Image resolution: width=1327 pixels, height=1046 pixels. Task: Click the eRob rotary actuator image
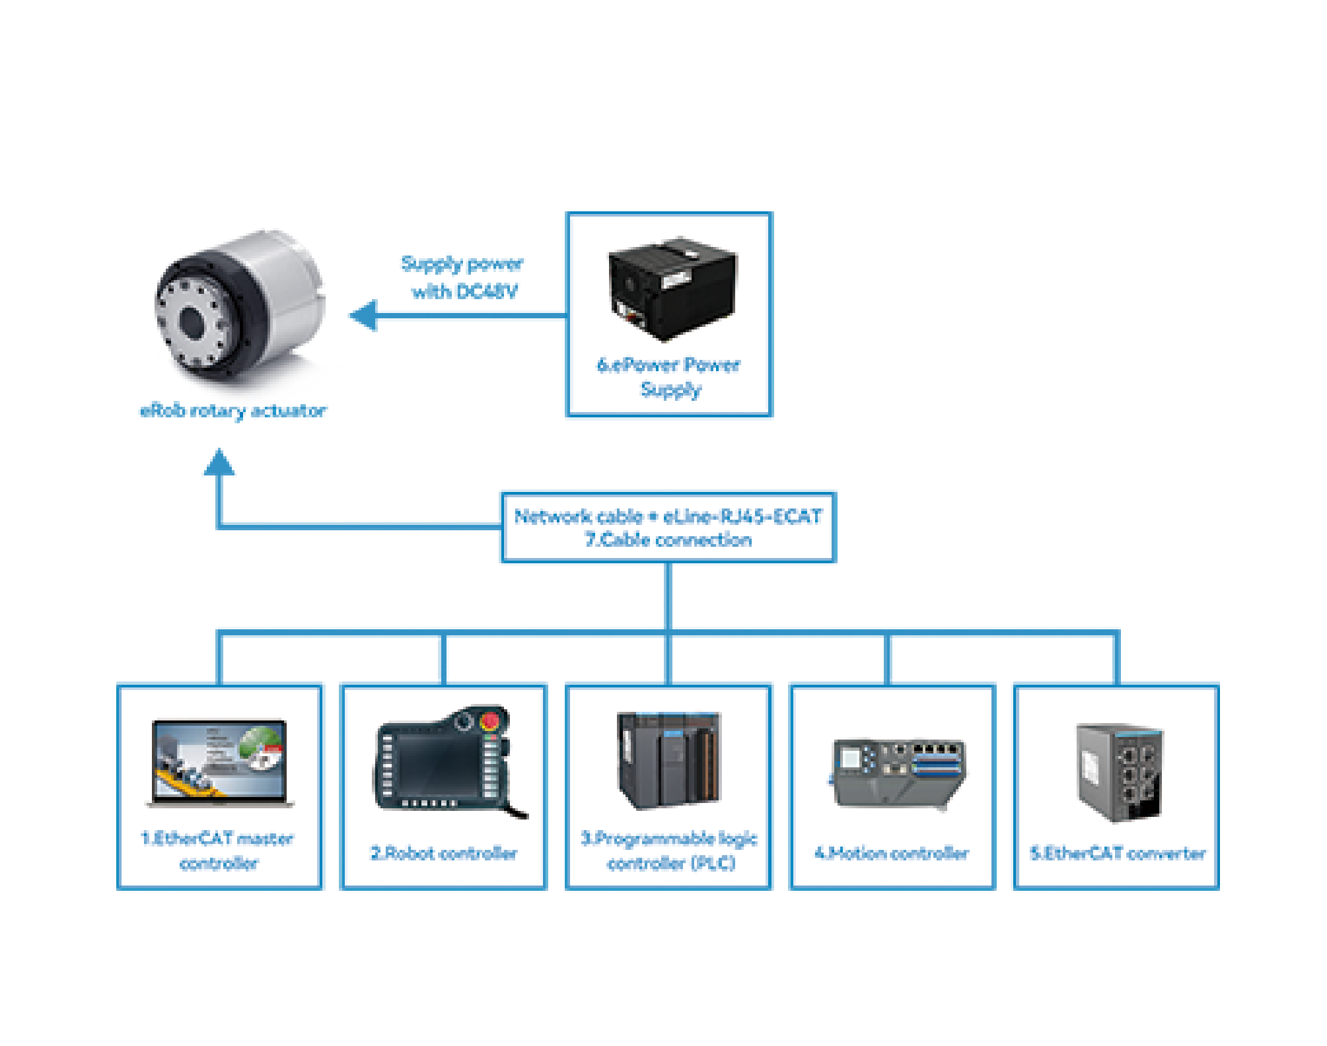point(241,310)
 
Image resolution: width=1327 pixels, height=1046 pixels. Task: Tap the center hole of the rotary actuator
point(192,322)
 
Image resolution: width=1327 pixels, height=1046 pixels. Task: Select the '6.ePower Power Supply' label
point(669,377)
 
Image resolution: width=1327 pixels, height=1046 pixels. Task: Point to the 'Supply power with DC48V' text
point(463,277)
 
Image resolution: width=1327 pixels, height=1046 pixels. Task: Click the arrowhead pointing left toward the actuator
point(363,316)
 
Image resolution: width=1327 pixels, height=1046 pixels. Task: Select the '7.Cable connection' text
point(668,540)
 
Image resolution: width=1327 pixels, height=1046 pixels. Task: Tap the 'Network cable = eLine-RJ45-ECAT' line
point(668,516)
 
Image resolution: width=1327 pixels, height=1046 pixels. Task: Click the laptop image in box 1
point(220,763)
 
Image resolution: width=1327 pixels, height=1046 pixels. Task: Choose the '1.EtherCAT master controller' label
point(218,851)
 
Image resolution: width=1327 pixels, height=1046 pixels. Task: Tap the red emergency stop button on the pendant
point(490,720)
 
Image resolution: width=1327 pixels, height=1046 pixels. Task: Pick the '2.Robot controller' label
point(444,853)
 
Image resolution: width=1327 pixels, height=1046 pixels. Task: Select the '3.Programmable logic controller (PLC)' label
point(669,851)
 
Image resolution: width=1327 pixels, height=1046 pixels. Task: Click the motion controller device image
point(897,773)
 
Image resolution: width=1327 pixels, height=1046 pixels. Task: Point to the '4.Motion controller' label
point(892,853)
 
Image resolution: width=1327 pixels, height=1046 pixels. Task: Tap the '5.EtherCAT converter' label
point(1118,853)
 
